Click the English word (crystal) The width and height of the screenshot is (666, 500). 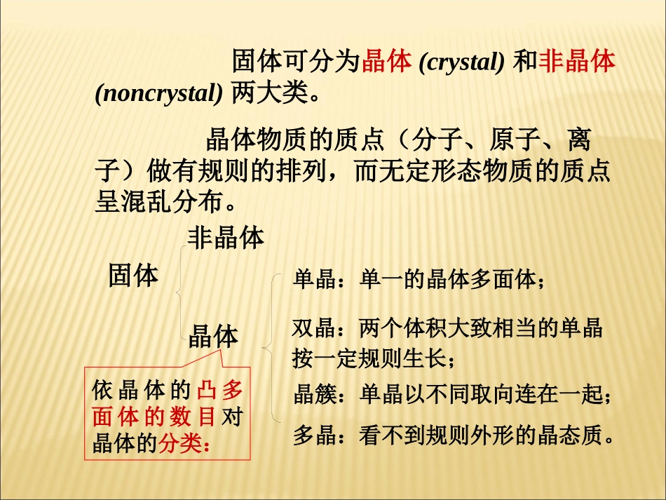pyautogui.click(x=461, y=63)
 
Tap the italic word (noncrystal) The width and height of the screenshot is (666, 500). pyautogui.click(x=158, y=94)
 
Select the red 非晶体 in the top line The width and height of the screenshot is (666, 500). pyautogui.click(x=577, y=62)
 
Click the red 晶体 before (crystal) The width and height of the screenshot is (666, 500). pyautogui.click(x=386, y=62)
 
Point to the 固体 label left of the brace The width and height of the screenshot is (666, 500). pyautogui.click(x=133, y=276)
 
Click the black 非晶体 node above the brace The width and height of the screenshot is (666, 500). pyautogui.click(x=226, y=238)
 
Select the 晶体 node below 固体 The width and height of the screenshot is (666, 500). pyautogui.click(x=214, y=337)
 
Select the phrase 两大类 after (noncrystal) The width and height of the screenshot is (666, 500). pyautogui.click(x=269, y=94)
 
